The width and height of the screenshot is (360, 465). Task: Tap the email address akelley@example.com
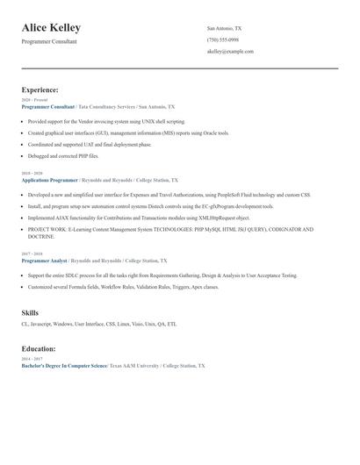[x=230, y=52]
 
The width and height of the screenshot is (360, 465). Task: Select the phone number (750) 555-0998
[x=222, y=39]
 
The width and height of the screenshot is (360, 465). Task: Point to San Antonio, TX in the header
[x=224, y=28]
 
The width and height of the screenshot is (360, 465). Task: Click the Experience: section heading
[x=40, y=89]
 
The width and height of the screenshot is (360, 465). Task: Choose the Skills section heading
[x=31, y=312]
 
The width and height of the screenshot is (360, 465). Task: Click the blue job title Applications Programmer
[x=49, y=179]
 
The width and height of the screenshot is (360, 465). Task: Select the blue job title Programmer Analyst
[x=43, y=261]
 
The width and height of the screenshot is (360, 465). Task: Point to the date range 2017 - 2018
[x=32, y=254]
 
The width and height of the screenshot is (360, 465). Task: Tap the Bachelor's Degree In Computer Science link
[x=63, y=365]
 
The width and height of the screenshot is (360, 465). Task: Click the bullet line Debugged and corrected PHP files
[x=63, y=155]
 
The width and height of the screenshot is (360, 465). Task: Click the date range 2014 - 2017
[x=32, y=359]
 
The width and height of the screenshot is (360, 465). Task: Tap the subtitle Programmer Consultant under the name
[x=49, y=41]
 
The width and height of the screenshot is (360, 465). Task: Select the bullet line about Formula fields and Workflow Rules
[x=123, y=286]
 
